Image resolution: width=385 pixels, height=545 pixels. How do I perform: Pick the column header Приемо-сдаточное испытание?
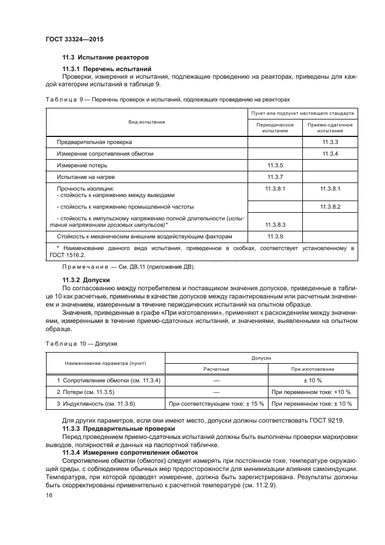coord(330,128)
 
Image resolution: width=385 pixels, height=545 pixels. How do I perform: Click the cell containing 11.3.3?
coord(330,142)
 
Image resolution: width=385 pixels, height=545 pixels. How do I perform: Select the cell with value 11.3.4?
coord(330,153)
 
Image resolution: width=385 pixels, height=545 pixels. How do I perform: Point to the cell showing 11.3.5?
coord(274,166)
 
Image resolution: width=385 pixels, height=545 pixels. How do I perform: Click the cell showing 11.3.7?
coord(274,177)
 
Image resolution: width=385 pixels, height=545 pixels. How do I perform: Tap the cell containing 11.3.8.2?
coord(330,206)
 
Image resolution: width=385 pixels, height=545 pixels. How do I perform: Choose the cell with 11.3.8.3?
coord(274,224)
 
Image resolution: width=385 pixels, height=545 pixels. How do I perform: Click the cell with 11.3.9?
coord(274,237)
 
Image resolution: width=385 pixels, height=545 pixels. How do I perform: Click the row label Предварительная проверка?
coord(94,142)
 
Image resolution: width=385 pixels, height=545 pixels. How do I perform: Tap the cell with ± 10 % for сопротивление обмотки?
coord(313,380)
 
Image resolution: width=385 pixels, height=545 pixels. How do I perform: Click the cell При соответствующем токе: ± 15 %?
coord(216,403)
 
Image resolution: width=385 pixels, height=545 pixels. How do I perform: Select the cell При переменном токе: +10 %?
coord(313,392)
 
